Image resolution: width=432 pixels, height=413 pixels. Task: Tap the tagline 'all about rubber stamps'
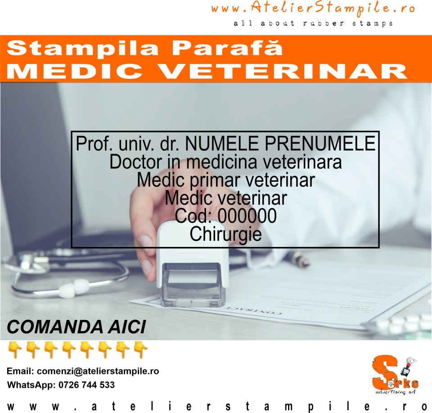[x=313, y=23]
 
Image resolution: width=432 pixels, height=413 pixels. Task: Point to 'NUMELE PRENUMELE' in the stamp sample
[x=280, y=144]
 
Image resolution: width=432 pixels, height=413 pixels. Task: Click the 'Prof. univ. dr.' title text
[x=129, y=144]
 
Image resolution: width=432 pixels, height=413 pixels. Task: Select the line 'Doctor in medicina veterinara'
[x=225, y=162]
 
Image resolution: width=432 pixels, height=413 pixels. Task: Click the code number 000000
[x=247, y=216]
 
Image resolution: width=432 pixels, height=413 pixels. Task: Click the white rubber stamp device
[x=193, y=252]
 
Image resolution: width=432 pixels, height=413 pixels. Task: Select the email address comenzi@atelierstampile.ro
[x=98, y=372]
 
